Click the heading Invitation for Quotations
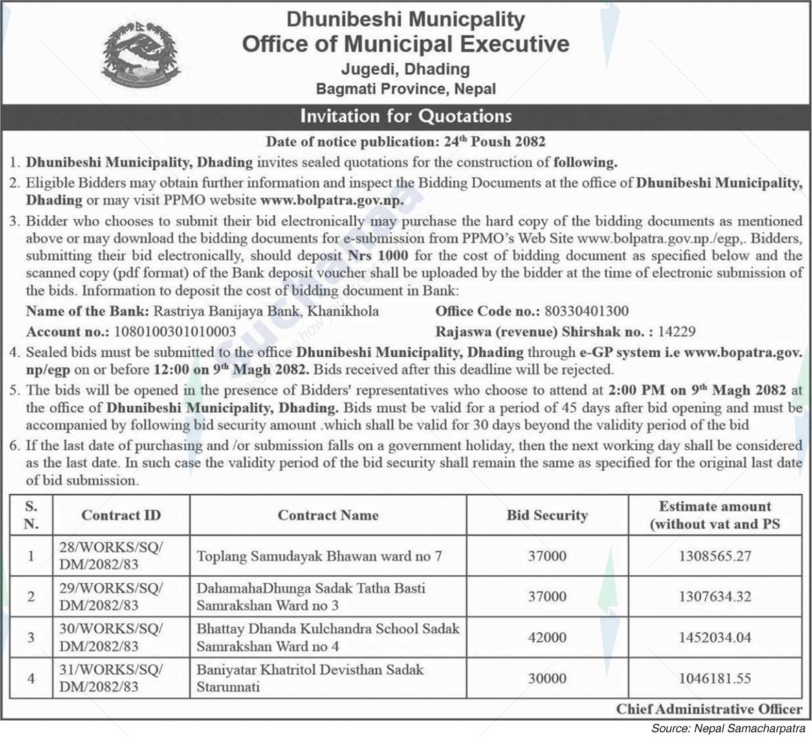coord(406,115)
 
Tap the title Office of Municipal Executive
coord(406,44)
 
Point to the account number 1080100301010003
coord(175,331)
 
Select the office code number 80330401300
coord(586,311)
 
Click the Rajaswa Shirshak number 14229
coord(677,331)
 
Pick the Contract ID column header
coord(121,515)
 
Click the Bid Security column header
coord(547,515)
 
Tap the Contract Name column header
coord(328,515)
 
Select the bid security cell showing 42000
coord(547,637)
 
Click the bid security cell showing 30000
coord(547,678)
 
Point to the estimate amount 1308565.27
coord(715,556)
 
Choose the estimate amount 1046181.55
coord(715,678)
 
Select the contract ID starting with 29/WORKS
coord(111,596)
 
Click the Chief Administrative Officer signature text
coord(709,709)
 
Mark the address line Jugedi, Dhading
coord(406,69)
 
